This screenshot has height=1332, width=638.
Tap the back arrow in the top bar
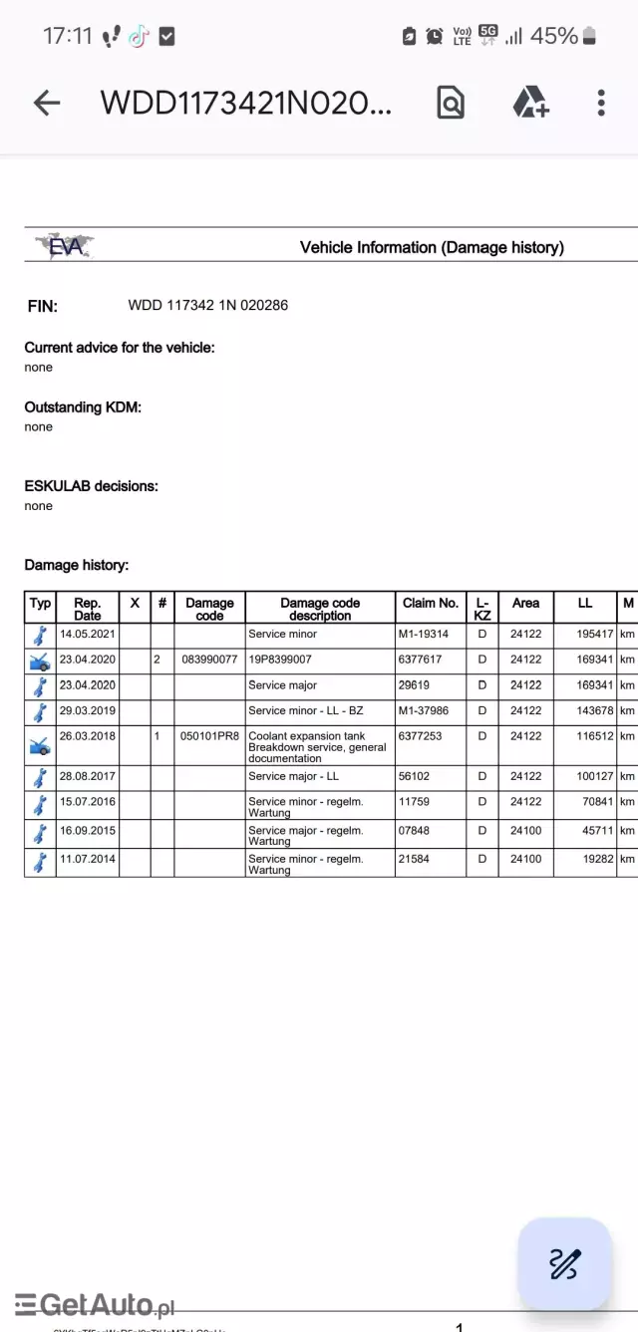tap(47, 103)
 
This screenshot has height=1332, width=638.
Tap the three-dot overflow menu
tap(601, 103)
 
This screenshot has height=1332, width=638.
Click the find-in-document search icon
tap(451, 103)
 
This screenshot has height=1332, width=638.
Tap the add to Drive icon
tap(529, 103)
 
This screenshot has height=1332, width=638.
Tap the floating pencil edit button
tap(564, 1263)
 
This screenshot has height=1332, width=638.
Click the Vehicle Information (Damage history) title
tap(432, 247)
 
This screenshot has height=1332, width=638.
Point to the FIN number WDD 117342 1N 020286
tap(207, 305)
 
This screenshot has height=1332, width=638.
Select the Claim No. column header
tap(431, 603)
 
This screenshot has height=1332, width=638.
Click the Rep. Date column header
tap(88, 609)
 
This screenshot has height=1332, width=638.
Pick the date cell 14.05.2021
tap(88, 634)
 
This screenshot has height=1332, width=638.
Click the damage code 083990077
tap(209, 660)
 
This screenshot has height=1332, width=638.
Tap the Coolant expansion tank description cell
tap(319, 747)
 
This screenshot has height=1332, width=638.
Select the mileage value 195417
tap(594, 634)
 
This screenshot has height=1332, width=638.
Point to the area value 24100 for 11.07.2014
tap(525, 858)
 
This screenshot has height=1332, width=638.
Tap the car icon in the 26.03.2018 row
tap(40, 746)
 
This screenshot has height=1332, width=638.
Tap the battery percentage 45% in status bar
tap(553, 36)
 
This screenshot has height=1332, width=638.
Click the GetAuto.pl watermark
tap(95, 1303)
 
